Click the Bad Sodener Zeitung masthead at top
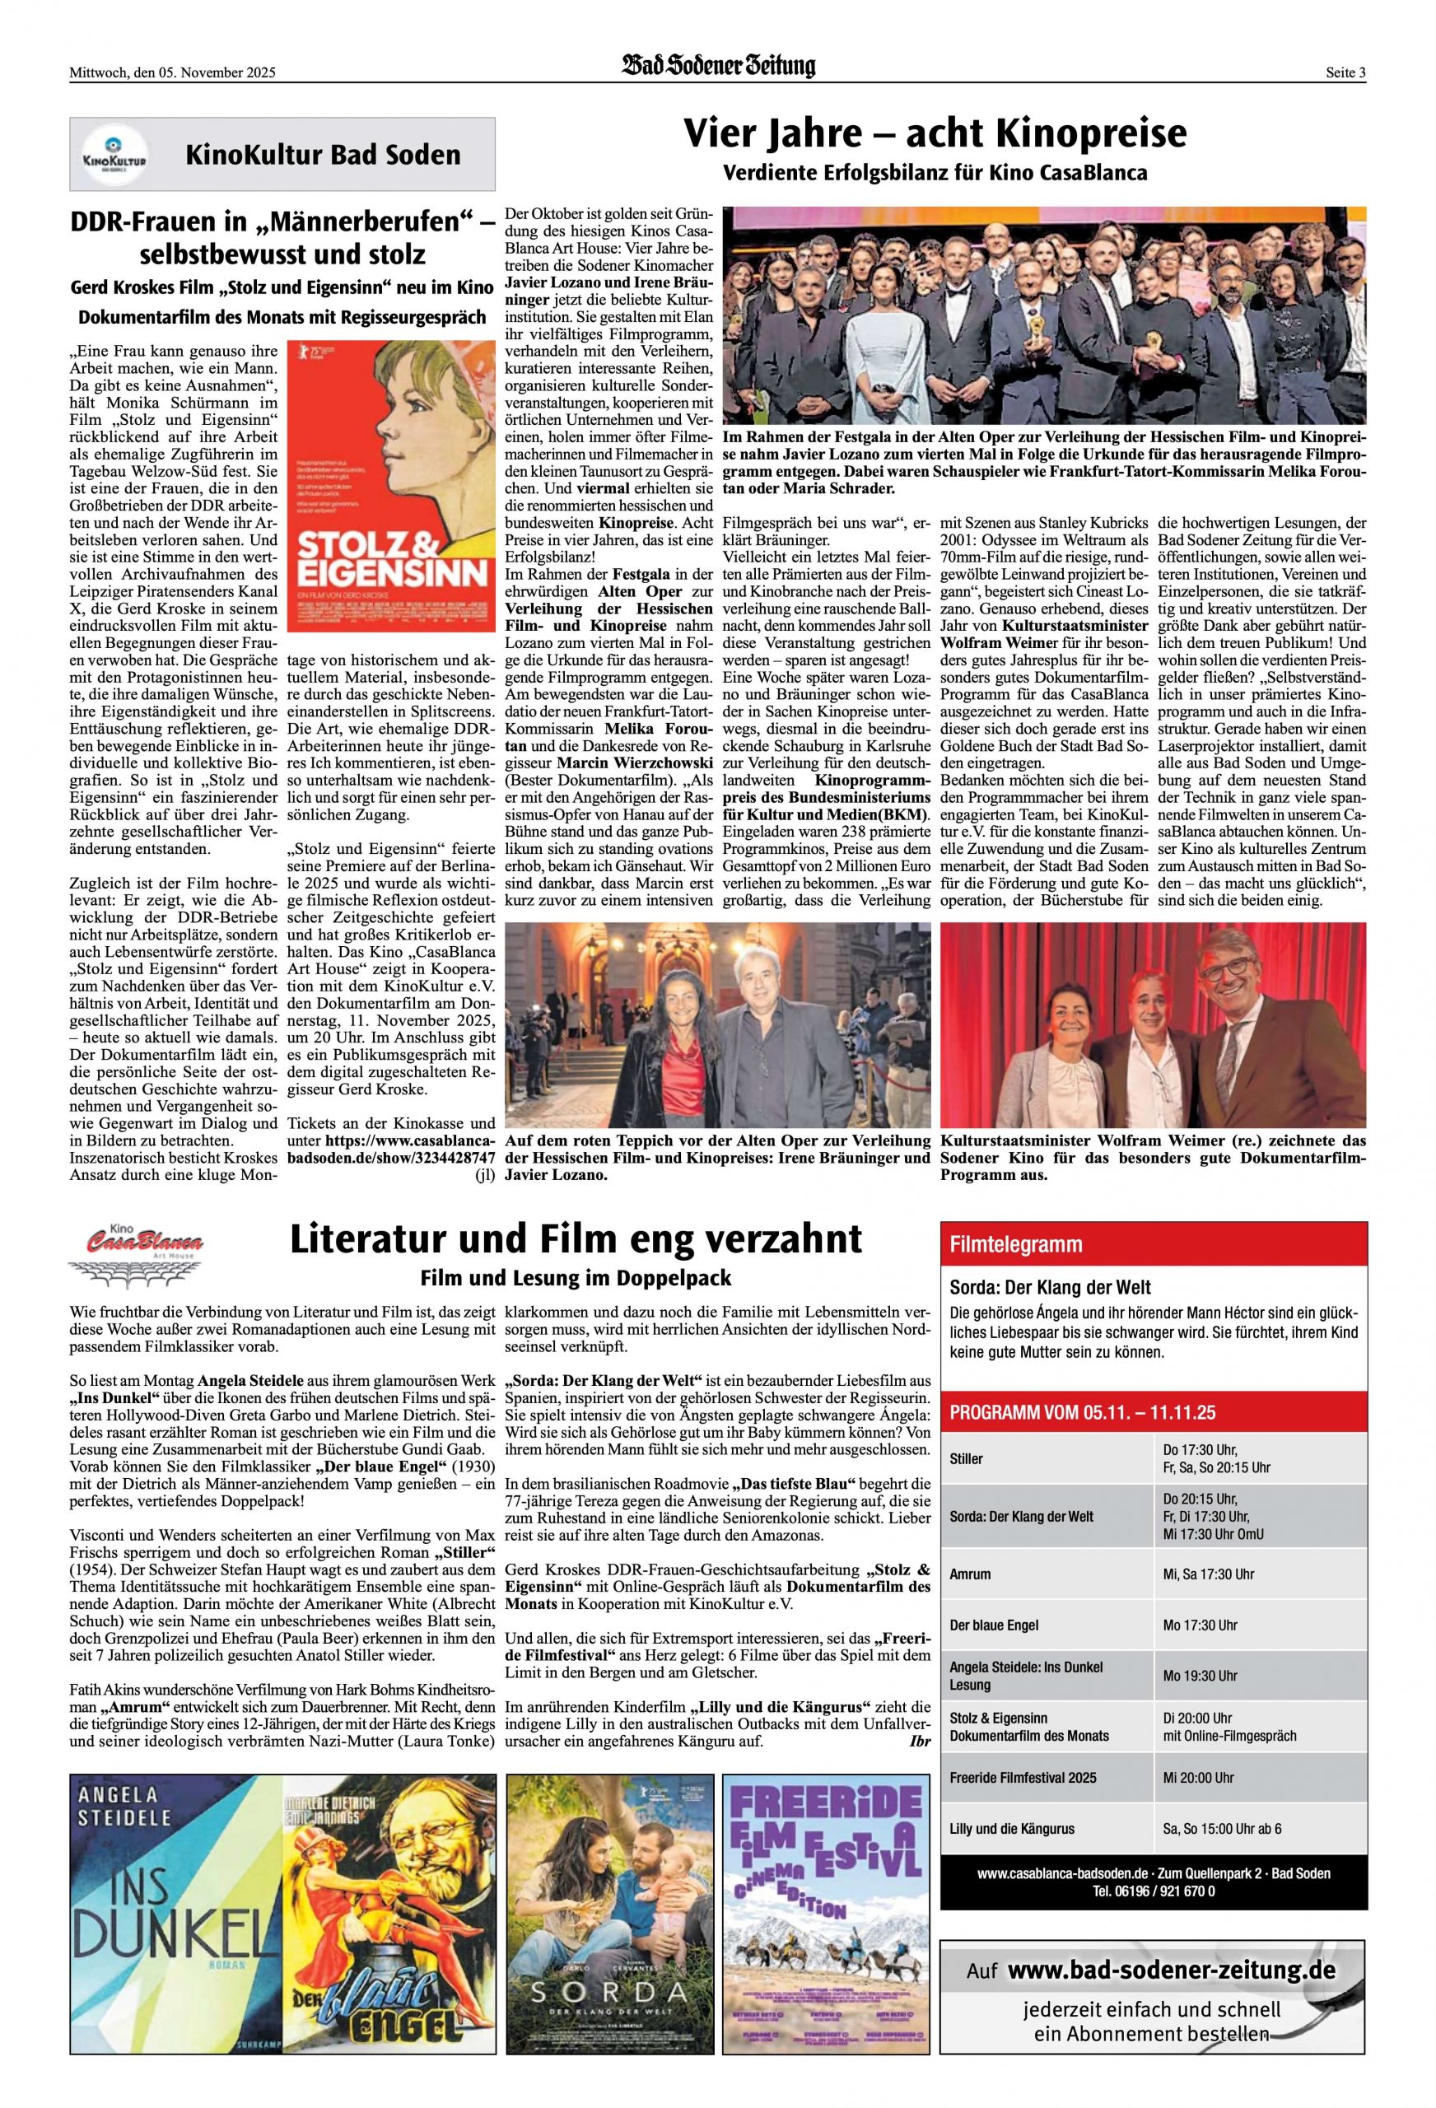coord(717,66)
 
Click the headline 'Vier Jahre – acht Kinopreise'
coord(935,133)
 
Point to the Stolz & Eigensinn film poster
coord(391,486)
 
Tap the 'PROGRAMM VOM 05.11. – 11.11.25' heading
coord(1082,1412)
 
